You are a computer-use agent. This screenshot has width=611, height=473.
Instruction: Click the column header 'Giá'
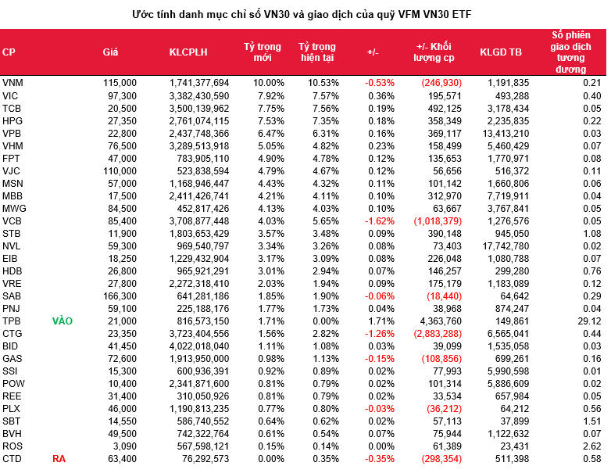click(x=110, y=52)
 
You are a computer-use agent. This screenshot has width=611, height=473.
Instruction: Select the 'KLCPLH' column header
click(x=188, y=52)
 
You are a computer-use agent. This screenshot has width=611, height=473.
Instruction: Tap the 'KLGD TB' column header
click(x=501, y=52)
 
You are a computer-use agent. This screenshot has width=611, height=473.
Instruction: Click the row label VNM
click(x=13, y=82)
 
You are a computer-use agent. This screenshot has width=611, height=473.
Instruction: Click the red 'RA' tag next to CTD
click(x=59, y=458)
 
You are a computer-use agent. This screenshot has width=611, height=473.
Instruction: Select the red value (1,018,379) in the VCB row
click(x=438, y=222)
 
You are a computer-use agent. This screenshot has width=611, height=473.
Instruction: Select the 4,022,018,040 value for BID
click(x=198, y=346)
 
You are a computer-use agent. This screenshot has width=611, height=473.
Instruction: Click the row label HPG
click(x=13, y=121)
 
